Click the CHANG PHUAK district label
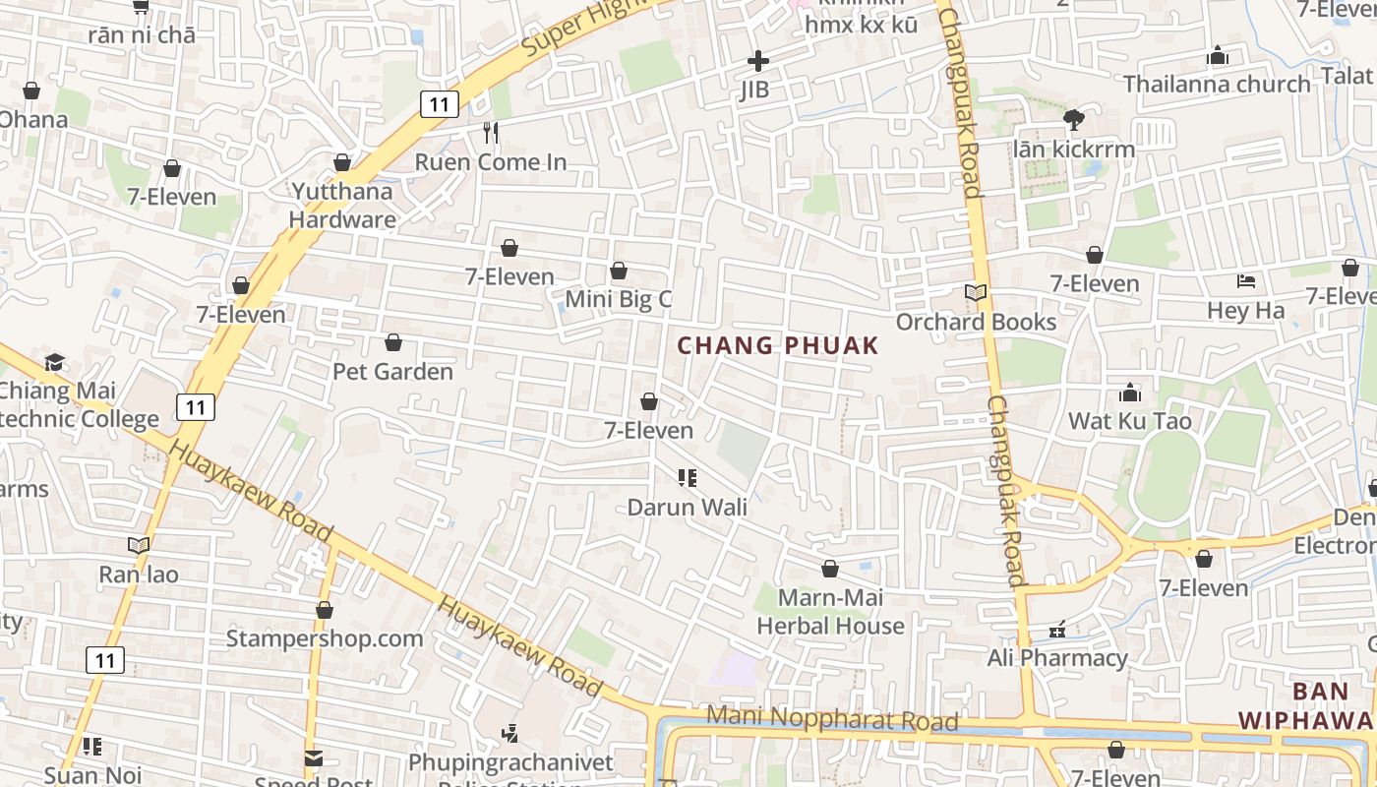(777, 345)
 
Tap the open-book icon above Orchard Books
(975, 293)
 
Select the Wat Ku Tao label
(1129, 421)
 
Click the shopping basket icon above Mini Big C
(619, 271)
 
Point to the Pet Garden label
(392, 371)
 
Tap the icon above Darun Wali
(687, 478)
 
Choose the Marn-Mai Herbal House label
(830, 611)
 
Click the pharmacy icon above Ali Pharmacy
(1057, 629)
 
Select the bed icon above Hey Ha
(1246, 281)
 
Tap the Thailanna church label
(1217, 84)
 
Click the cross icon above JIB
(757, 61)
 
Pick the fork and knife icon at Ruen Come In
(491, 132)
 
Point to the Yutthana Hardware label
(342, 205)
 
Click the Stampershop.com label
(325, 638)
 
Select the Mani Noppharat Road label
(832, 718)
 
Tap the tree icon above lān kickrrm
(1073, 120)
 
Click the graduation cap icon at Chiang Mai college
(54, 362)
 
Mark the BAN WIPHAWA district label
(1306, 705)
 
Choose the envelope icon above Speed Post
(313, 758)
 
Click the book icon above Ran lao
(139, 545)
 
